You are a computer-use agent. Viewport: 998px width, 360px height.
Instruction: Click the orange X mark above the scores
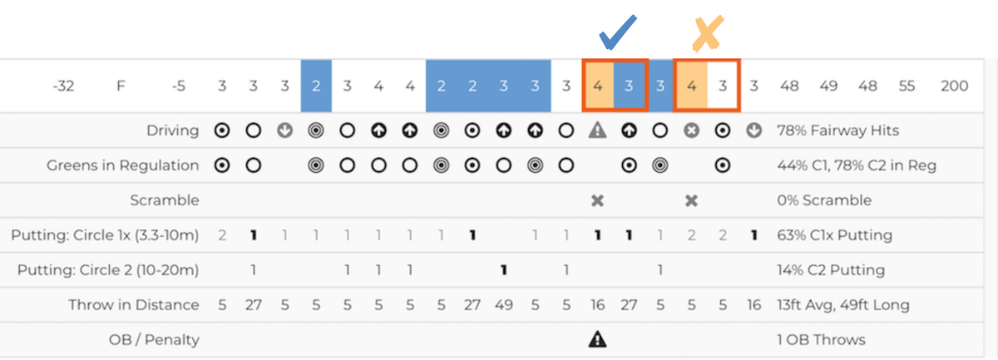coord(708,33)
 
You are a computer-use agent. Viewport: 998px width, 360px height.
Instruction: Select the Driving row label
coord(172,131)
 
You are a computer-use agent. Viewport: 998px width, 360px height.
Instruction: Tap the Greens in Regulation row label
coord(122,165)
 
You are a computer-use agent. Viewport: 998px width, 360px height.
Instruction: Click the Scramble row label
coord(165,200)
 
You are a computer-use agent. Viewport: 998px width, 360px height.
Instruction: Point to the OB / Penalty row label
coord(154,339)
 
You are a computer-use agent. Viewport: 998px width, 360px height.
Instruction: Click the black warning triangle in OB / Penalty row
coord(597,339)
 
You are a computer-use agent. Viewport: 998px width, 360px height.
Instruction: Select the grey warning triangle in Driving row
coord(597,130)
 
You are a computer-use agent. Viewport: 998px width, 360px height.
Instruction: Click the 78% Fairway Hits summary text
coord(837,131)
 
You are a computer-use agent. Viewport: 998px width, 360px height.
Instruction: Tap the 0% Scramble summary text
coord(824,200)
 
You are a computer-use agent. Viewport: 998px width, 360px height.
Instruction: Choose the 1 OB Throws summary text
coord(821,339)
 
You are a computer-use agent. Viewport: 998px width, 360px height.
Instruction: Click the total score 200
coord(954,86)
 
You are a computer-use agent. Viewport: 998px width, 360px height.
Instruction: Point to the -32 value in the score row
coord(63,86)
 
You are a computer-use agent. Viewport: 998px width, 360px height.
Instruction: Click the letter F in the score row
coord(121,86)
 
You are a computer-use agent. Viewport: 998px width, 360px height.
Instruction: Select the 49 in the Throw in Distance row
coord(503,305)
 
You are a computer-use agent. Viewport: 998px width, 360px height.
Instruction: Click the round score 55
coord(907,86)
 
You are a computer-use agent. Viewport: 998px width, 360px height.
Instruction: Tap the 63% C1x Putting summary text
coord(834,234)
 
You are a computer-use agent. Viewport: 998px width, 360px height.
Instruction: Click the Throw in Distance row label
coord(134,305)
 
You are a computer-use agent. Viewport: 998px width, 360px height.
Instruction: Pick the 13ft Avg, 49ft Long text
coord(843,305)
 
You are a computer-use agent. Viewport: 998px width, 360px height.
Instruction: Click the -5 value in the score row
coord(178,86)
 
